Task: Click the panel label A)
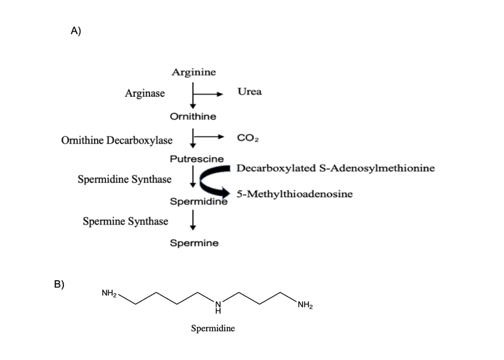point(76,31)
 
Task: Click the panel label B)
point(59,284)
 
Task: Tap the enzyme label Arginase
point(145,93)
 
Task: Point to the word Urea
point(250,92)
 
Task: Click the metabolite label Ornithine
point(193,116)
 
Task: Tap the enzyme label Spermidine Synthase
point(124,179)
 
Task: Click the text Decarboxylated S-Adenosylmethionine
point(335,168)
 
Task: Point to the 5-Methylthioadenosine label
point(294,194)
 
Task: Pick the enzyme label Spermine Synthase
point(125,221)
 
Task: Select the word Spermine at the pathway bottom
point(194,243)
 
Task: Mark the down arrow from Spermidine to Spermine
point(193,220)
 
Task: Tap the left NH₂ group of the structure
point(109,293)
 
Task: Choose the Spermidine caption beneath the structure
point(213,328)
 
